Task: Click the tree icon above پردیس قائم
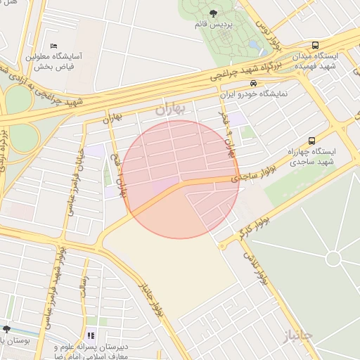[214, 13]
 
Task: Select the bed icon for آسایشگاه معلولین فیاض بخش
[54, 46]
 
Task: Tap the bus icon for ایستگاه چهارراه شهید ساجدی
[311, 140]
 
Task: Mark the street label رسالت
[82, 288]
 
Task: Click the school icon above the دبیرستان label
[91, 336]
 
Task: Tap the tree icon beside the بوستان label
[6, 329]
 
